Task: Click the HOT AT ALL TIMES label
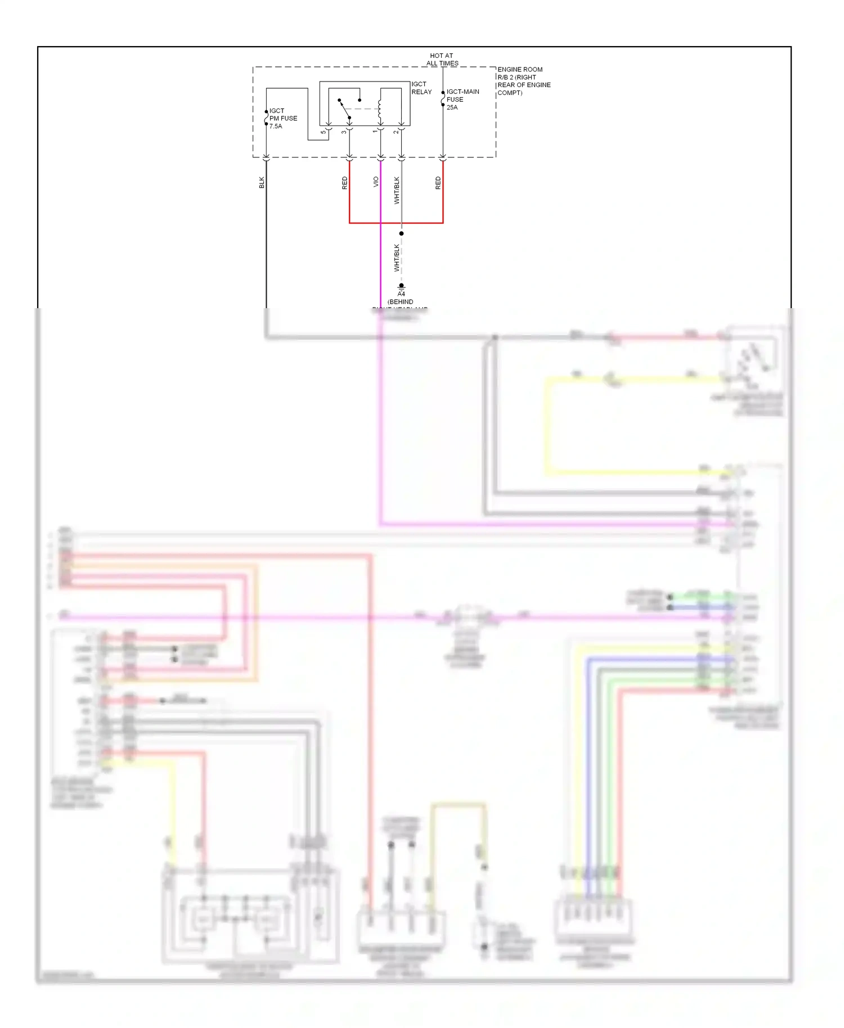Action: tap(442, 60)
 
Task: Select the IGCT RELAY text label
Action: tap(421, 88)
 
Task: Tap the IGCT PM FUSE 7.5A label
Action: tap(283, 119)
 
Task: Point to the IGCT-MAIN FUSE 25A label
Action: tap(463, 100)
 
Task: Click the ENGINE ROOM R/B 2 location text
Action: tap(523, 81)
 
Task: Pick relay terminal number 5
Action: tap(323, 132)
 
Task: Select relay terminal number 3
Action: tap(344, 132)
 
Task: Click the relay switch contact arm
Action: tap(344, 109)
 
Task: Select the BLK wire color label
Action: tap(262, 182)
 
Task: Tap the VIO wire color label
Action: tap(376, 182)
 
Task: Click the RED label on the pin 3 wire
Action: tap(345, 183)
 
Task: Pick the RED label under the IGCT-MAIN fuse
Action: tap(438, 183)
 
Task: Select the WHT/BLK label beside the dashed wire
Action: tap(397, 258)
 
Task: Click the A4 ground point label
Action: tap(401, 294)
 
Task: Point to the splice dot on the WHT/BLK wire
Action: tap(401, 233)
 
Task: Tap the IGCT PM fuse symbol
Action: tap(266, 118)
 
